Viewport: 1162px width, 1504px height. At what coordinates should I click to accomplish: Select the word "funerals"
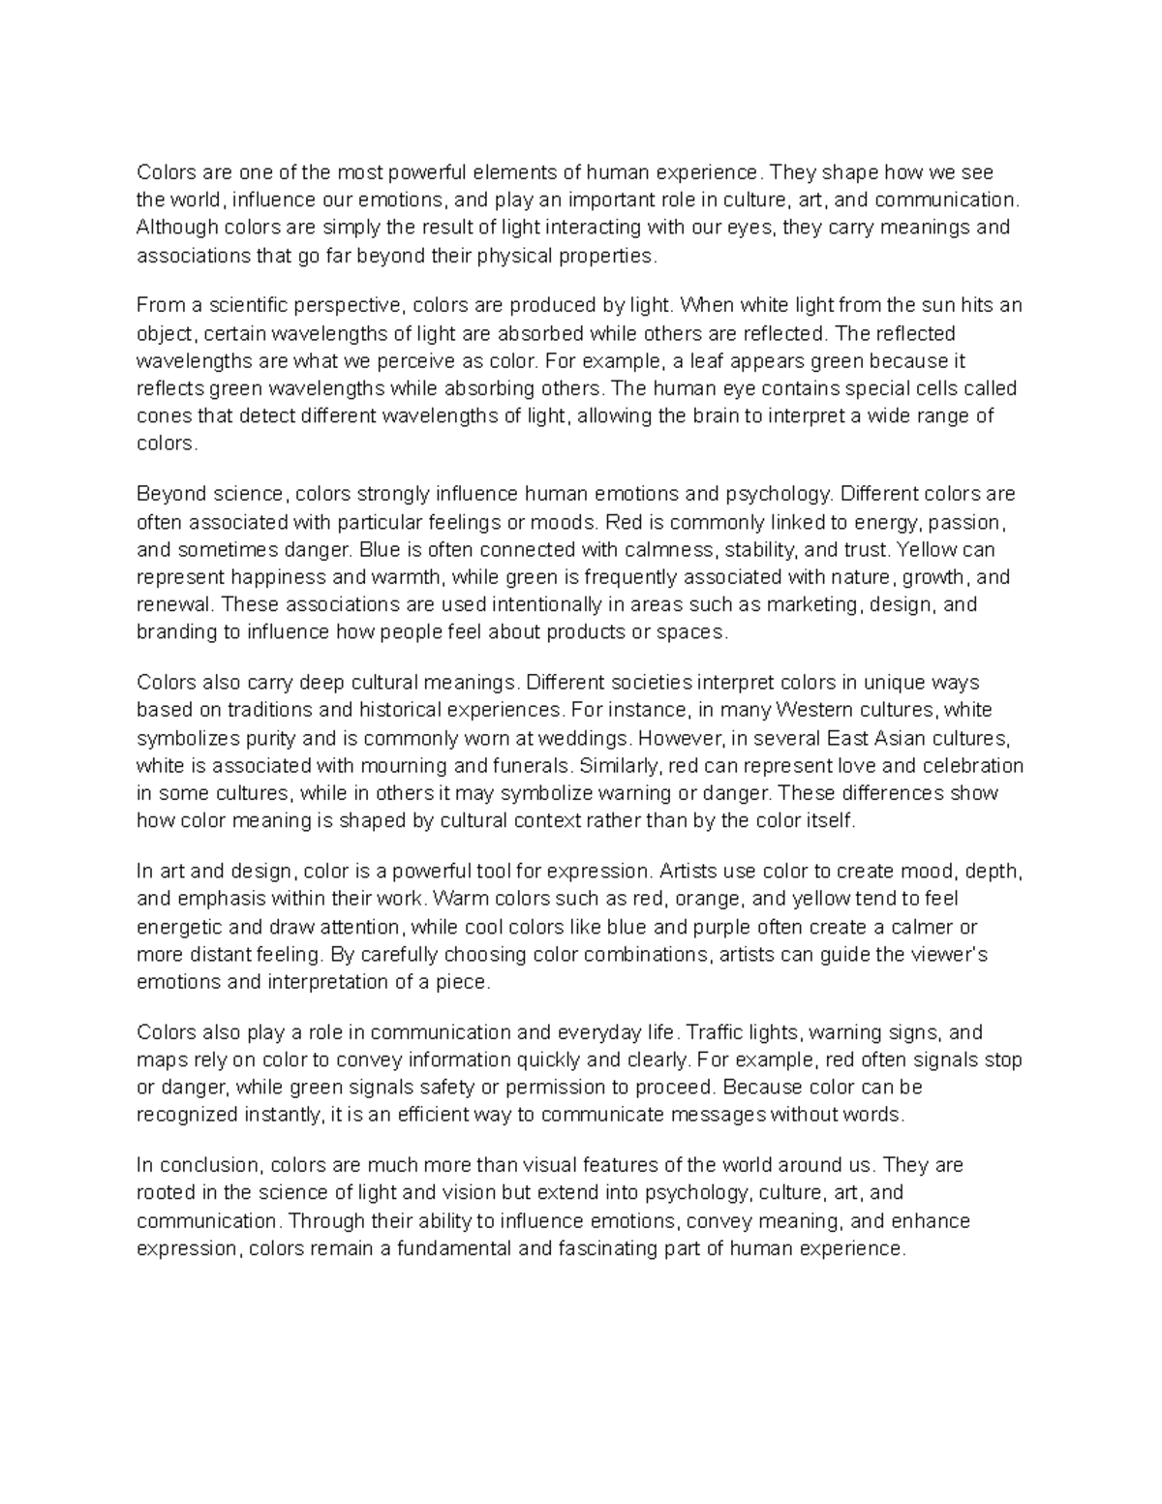coord(531,765)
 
